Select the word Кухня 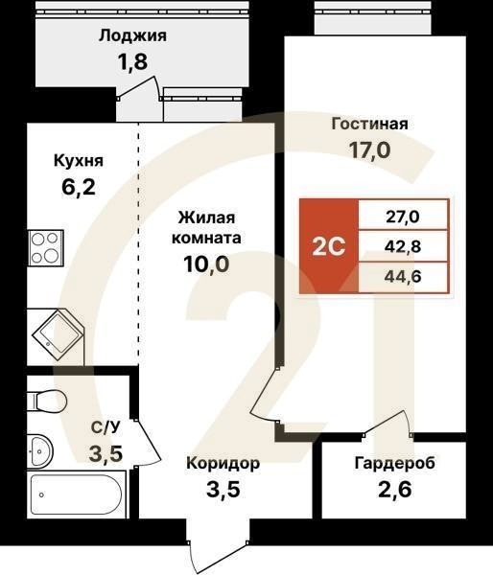click(79, 160)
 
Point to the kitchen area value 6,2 click(78, 189)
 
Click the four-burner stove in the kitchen click(45, 248)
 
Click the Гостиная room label click(369, 124)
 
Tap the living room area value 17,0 click(369, 150)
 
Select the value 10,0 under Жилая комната click(207, 264)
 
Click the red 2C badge click(329, 246)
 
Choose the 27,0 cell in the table click(403, 217)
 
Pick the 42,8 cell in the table click(403, 247)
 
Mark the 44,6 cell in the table click(403, 278)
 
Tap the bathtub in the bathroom click(76, 494)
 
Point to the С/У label click(105, 428)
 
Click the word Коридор click(223, 463)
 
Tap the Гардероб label click(394, 463)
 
